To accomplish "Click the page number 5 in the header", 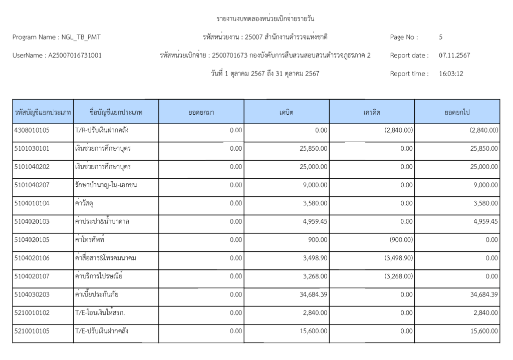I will pos(440,37).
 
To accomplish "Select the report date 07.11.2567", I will pos(454,55).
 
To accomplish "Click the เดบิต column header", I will pos(287,112).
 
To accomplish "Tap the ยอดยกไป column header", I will pos(457,112).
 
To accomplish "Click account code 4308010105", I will pos(32,130).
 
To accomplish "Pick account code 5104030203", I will pos(32,294).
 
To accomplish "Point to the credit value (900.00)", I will pos(401,239).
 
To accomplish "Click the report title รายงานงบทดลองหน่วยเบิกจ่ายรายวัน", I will pos(265,19).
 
